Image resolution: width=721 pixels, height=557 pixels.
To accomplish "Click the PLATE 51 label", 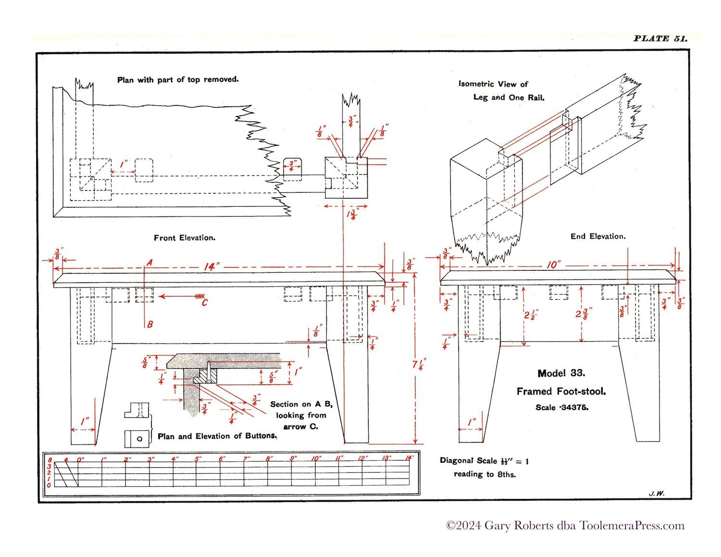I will click(660, 38).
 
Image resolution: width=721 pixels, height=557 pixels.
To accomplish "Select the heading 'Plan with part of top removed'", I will click(178, 79).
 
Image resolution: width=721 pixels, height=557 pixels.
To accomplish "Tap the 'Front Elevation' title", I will click(185, 238).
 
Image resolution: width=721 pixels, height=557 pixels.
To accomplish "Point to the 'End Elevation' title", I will click(598, 236).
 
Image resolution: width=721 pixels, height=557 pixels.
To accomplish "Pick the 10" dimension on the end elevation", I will click(553, 265).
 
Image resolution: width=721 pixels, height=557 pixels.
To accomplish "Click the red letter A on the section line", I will click(149, 263).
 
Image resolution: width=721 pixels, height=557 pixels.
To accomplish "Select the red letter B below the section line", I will click(150, 324).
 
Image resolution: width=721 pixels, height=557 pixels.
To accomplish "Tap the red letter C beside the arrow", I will click(205, 303).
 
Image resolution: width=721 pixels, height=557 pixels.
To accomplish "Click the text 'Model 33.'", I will click(561, 373).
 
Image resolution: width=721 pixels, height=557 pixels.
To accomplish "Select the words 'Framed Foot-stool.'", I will click(561, 392).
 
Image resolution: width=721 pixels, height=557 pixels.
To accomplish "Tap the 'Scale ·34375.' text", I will click(562, 407).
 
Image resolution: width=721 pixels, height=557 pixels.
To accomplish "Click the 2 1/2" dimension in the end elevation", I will click(531, 315).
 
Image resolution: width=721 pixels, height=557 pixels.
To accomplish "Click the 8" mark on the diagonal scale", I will click(269, 459).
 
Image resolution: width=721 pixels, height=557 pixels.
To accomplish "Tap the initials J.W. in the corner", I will click(656, 494).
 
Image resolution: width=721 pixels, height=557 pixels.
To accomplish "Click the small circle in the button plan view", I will click(139, 439).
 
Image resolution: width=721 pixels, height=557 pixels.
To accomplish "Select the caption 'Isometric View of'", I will click(493, 84).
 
